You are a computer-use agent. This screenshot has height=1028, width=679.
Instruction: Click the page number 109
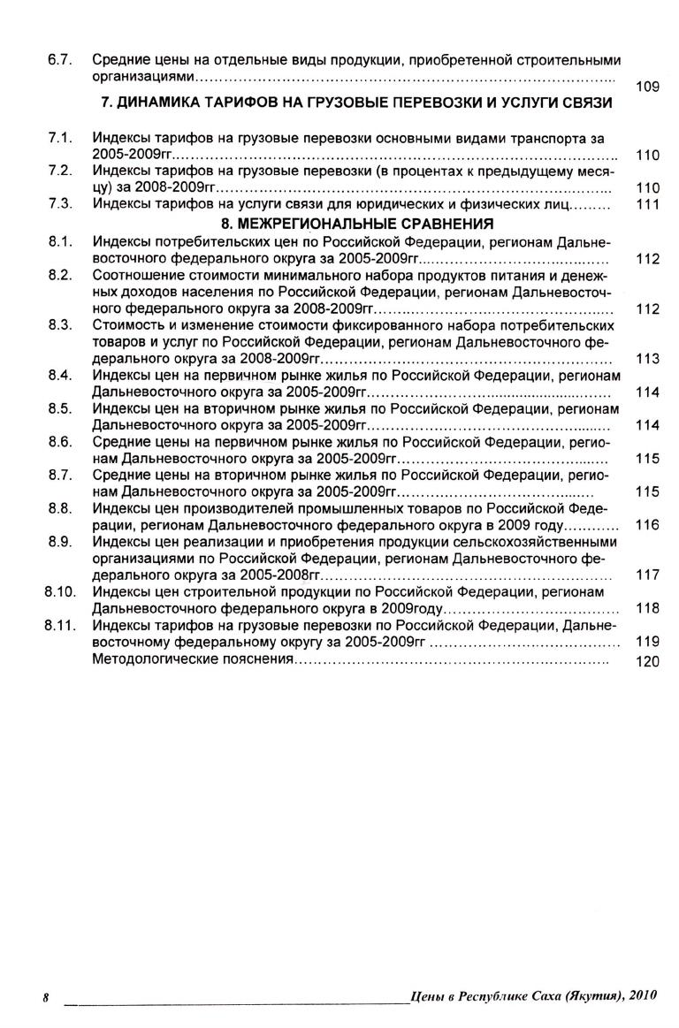pos(648,88)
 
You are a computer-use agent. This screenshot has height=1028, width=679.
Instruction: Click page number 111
pos(648,204)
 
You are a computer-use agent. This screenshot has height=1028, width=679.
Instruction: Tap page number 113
pos(648,359)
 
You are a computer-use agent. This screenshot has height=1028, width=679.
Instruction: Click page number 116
pos(648,525)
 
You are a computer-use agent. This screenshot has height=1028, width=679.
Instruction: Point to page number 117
pos(648,575)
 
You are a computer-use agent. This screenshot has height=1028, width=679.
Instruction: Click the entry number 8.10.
pos(57,591)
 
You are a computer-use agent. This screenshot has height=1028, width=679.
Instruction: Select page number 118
pos(648,608)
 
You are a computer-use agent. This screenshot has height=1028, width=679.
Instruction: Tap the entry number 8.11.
pos(57,625)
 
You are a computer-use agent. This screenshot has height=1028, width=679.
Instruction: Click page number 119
pos(648,642)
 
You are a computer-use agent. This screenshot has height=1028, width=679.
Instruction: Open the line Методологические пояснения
pos(192,659)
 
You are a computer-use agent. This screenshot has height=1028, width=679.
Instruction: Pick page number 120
pos(648,660)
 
